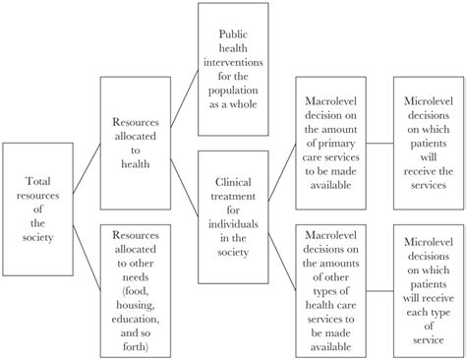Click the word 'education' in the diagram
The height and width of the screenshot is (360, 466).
coord(134,320)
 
